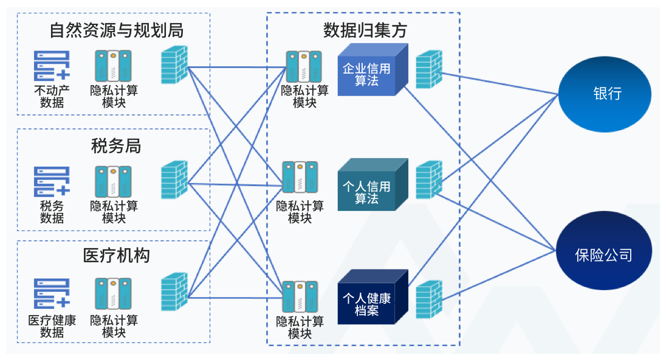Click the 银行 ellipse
tap(604, 94)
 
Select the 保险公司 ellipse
tap(604, 254)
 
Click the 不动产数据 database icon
tap(52, 66)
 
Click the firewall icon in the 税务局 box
tap(174, 180)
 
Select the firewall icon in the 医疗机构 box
tap(174, 292)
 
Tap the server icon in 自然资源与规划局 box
tap(114, 66)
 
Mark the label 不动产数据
tap(52, 97)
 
